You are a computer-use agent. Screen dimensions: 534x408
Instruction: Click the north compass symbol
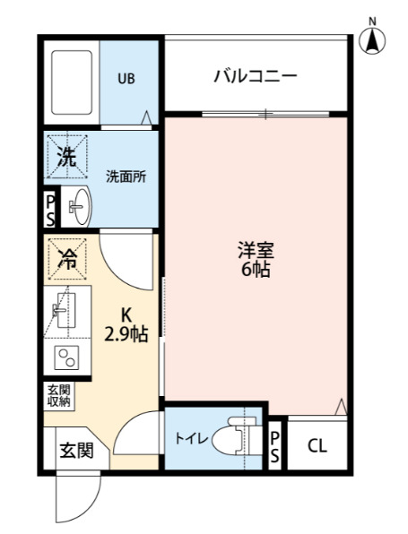click(373, 39)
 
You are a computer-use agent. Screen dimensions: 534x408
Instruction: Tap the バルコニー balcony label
click(255, 76)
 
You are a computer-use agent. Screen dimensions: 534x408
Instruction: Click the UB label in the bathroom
click(126, 77)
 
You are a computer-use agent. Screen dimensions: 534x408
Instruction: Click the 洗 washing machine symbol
click(67, 159)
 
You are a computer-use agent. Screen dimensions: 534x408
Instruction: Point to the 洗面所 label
click(126, 177)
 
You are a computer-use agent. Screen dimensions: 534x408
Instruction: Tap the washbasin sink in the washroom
click(78, 209)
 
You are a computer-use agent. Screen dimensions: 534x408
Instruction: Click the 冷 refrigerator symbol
click(67, 259)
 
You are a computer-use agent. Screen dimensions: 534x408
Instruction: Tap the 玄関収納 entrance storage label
click(58, 396)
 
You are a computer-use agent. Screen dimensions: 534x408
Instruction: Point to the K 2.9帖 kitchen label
click(126, 325)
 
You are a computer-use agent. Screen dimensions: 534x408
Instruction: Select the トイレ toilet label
click(192, 439)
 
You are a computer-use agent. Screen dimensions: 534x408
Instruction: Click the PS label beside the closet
click(275, 444)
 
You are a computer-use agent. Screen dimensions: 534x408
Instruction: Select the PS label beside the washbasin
click(50, 210)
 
